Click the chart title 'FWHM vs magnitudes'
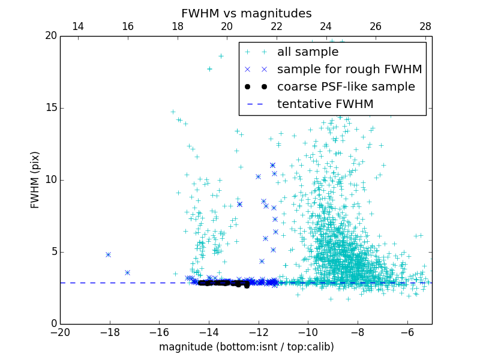246,13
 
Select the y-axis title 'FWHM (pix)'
35,180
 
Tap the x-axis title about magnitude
246,347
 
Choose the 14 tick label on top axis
78,26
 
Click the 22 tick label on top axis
277,26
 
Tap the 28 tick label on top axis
425,26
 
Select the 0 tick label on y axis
53,324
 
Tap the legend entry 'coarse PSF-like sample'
346,87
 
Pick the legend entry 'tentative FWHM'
325,104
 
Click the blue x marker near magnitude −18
108,254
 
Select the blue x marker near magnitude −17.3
127,272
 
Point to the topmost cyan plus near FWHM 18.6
221,56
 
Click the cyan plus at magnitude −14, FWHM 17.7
209,69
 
